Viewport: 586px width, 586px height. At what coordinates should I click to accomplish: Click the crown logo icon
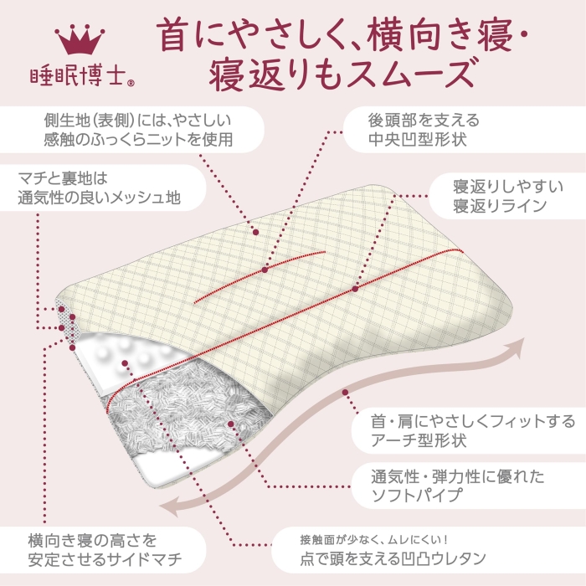point(80,39)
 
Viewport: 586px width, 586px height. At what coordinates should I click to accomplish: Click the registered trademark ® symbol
point(131,84)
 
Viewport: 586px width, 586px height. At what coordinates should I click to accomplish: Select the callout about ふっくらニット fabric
point(139,130)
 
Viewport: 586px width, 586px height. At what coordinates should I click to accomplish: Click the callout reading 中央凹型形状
point(424,130)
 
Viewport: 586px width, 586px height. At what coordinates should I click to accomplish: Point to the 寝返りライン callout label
point(508,196)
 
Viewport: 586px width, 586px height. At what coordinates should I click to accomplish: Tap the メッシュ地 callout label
point(100,188)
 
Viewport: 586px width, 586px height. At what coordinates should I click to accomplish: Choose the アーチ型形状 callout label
point(473,430)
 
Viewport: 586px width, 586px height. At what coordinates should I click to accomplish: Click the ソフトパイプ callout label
point(458,486)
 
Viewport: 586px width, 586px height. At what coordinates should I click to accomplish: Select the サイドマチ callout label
point(105,550)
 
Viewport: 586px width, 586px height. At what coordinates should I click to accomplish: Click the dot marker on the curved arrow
point(345,393)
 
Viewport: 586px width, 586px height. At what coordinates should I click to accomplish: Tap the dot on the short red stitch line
point(265,270)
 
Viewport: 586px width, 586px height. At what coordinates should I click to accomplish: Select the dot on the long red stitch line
point(355,289)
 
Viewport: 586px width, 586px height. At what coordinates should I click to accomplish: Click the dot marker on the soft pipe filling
point(230,424)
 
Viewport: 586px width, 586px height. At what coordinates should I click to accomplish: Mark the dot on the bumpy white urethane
point(125,363)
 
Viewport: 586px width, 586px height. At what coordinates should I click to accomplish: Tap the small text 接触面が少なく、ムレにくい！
point(373,539)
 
